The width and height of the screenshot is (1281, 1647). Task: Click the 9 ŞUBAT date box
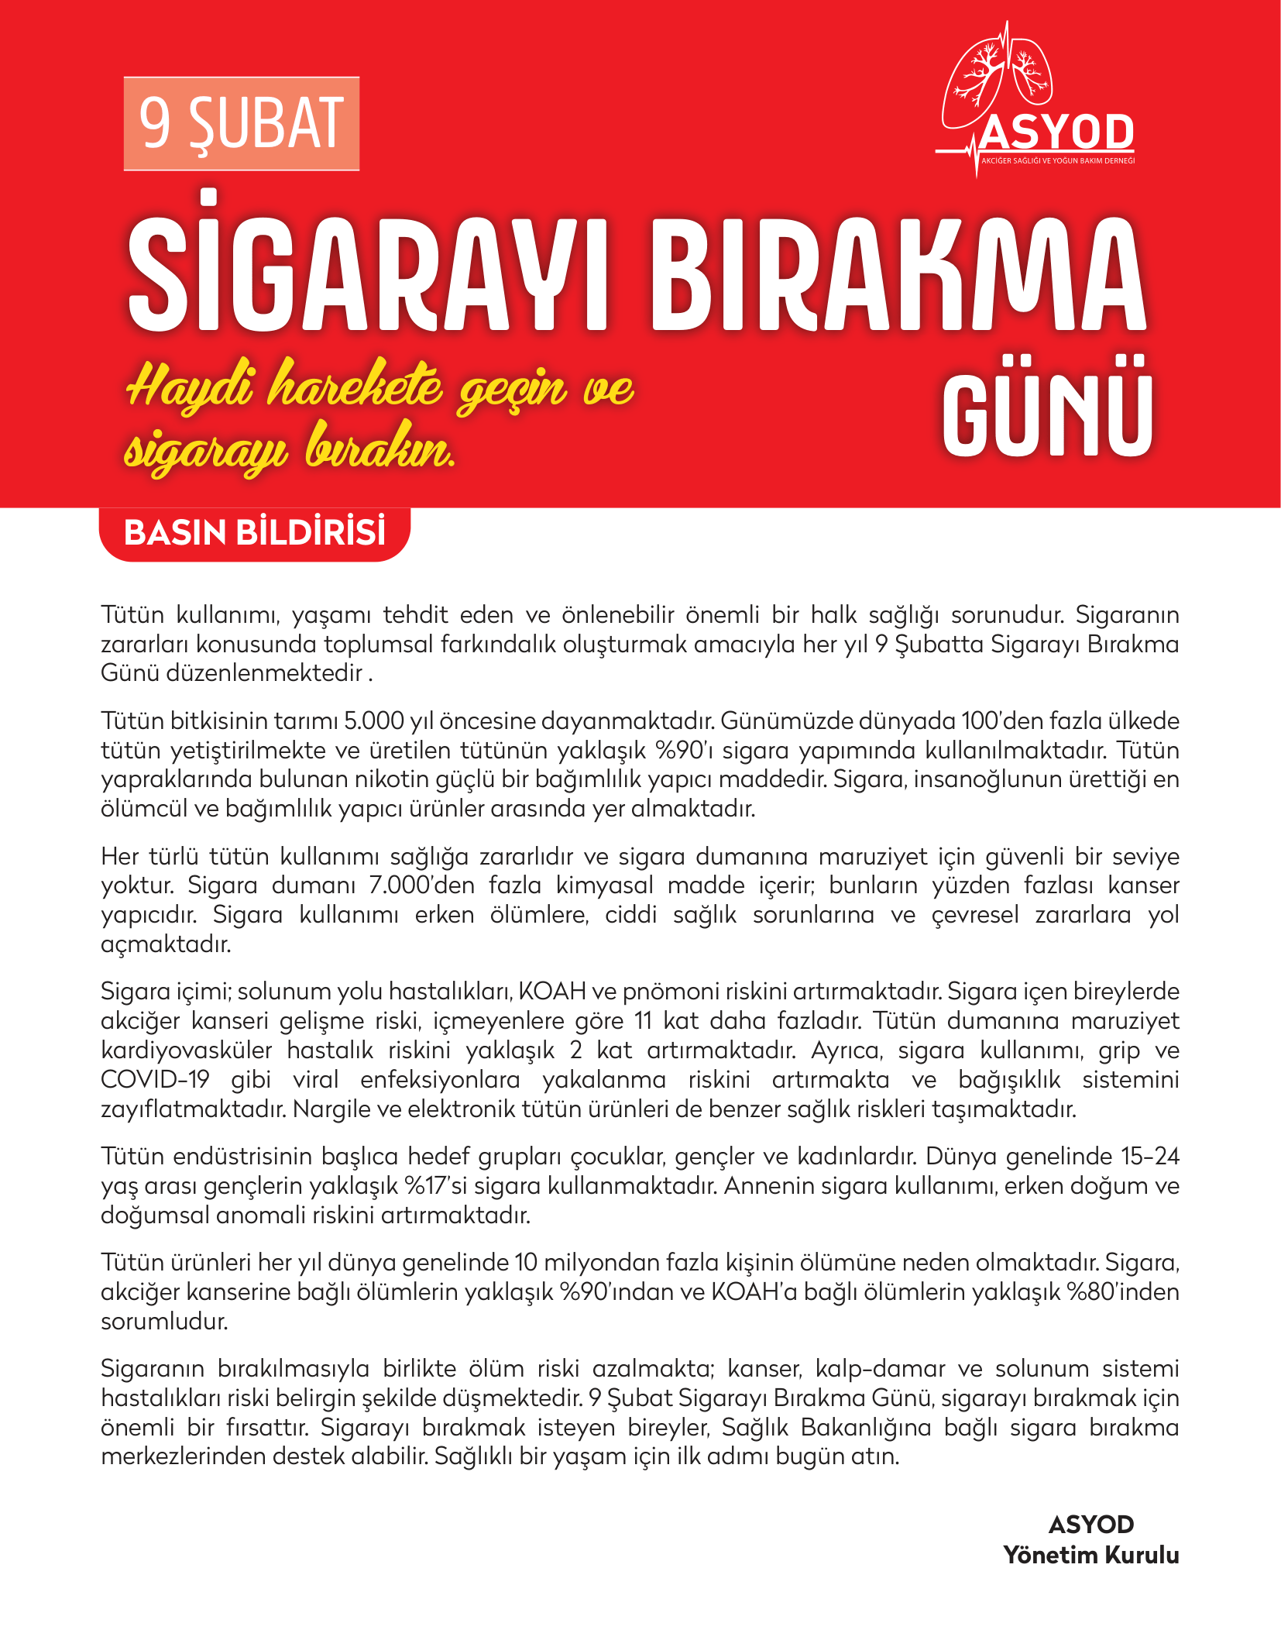(241, 124)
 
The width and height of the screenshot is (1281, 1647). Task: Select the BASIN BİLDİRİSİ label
(254, 533)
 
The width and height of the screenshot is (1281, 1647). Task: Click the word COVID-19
(155, 1080)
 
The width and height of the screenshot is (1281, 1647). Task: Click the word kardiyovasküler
(186, 1050)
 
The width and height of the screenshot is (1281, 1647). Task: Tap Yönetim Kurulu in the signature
(1090, 1555)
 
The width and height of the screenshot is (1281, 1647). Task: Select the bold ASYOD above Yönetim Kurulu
(1090, 1525)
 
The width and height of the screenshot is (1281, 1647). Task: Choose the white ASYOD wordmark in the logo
(1056, 133)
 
